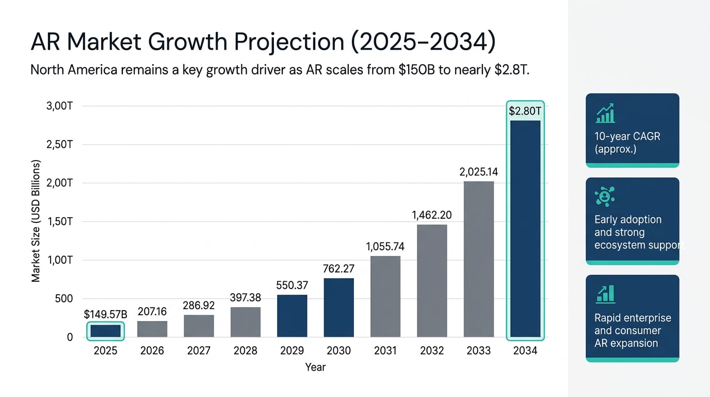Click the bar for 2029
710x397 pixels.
click(292, 316)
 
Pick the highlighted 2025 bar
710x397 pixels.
click(105, 331)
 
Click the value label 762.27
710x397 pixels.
click(338, 269)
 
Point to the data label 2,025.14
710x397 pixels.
click(479, 172)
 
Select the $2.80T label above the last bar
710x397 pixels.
click(525, 111)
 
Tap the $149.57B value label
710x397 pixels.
click(105, 314)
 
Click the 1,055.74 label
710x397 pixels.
click(385, 247)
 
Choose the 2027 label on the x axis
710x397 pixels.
click(199, 351)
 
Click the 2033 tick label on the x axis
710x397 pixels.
click(479, 351)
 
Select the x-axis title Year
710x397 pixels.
click(315, 368)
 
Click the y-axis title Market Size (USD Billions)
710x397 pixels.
click(36, 221)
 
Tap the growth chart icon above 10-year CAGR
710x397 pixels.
click(605, 113)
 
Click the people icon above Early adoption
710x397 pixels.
click(604, 197)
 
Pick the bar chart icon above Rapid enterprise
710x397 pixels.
click(605, 294)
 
